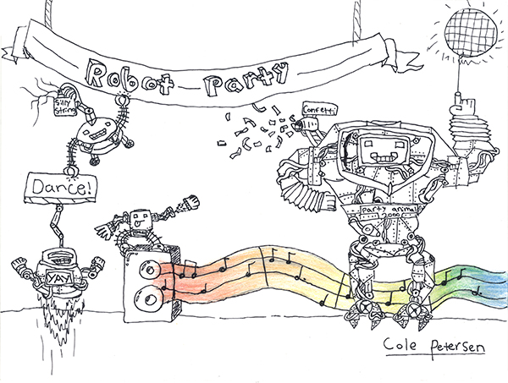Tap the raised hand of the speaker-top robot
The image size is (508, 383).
pos(190,202)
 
